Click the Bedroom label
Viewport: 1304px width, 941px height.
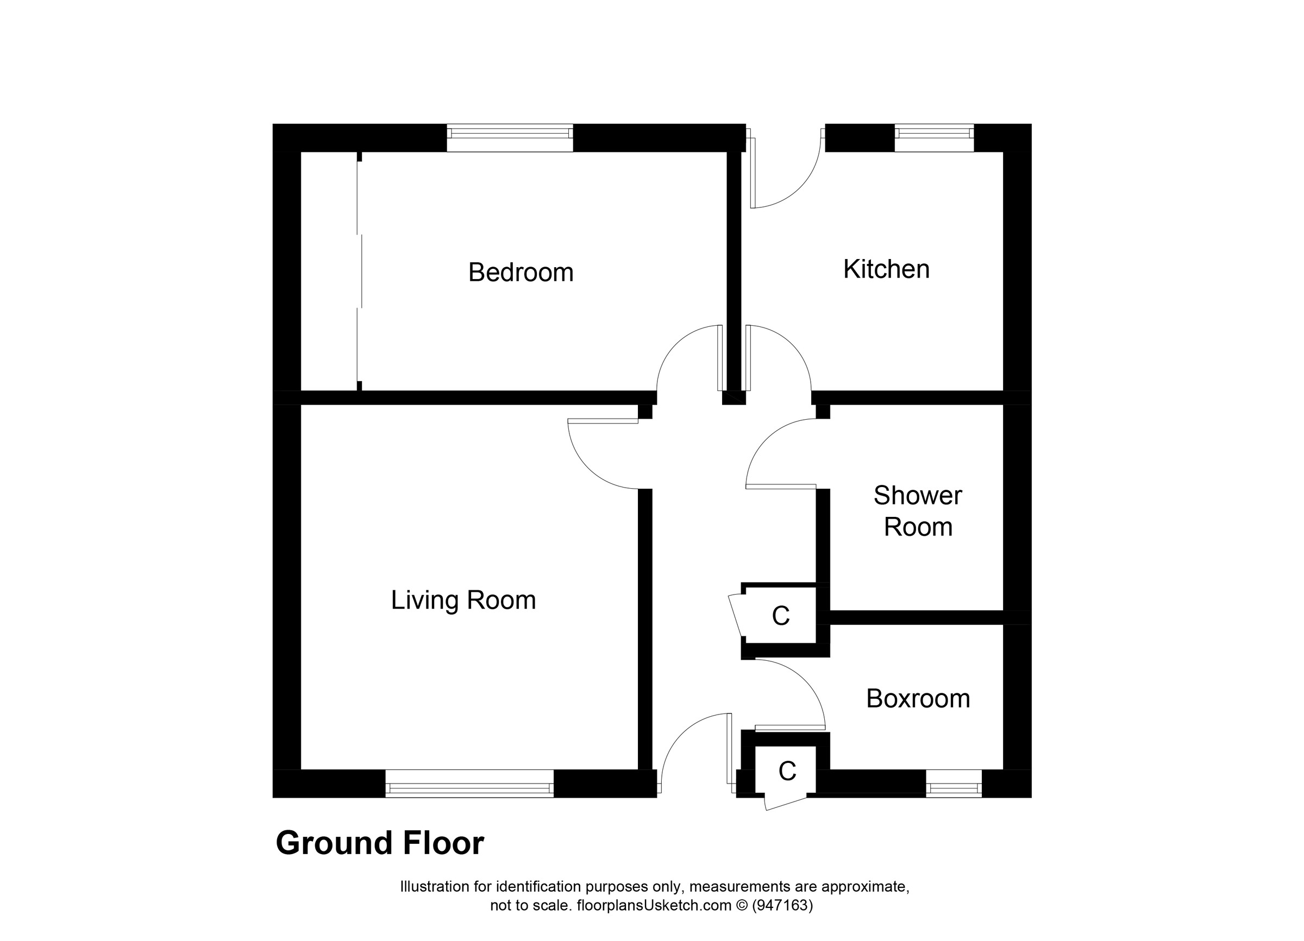pos(521,272)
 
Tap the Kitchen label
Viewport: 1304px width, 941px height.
pos(886,269)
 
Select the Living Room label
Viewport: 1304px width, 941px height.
pos(463,601)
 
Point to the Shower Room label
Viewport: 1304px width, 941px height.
pos(918,511)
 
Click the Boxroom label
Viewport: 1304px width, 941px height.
pos(918,699)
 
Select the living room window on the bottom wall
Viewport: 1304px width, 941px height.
pos(468,784)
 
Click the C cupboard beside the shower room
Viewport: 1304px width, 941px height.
pos(780,616)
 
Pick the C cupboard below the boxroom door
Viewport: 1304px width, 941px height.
pos(787,772)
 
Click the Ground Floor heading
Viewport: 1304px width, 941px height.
pos(379,843)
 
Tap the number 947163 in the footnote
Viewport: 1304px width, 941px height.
pos(782,906)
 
